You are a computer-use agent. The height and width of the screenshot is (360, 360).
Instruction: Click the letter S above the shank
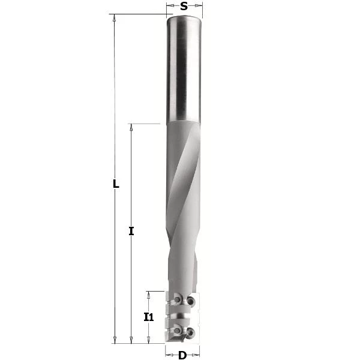184,7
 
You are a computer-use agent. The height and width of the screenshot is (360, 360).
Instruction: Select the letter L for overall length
116,184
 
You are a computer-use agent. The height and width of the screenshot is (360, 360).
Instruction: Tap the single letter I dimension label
131,230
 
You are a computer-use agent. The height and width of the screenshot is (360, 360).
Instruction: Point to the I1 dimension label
149,317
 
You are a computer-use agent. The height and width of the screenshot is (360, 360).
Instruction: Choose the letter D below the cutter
182,355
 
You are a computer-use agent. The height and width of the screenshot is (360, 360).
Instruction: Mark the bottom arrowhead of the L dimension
114,340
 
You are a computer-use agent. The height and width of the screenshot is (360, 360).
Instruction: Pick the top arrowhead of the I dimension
131,127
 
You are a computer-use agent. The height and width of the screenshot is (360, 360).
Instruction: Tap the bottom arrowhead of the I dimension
131,340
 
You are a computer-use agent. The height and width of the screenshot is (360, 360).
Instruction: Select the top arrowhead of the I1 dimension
149,294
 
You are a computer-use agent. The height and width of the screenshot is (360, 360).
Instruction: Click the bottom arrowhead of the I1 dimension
149,340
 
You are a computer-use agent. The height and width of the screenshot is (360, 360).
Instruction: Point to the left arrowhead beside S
170,7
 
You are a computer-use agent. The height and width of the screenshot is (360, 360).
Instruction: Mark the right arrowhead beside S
199,7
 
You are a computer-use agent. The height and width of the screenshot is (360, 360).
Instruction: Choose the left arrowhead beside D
169,355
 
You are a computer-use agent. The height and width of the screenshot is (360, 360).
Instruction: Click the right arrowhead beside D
196,355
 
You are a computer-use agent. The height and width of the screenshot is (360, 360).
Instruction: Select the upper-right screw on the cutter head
191,300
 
